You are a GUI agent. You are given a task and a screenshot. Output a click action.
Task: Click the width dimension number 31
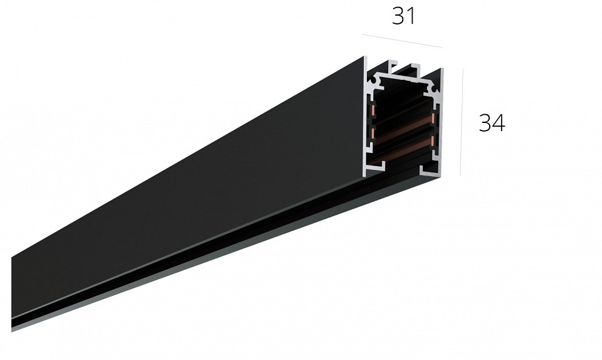point(403,16)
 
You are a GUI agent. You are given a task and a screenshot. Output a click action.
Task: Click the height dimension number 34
point(492,123)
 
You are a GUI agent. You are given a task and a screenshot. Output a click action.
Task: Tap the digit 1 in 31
point(411,16)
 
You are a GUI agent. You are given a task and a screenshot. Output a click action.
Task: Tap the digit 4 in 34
point(499,123)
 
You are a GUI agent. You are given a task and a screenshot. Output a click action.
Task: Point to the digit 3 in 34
point(485,123)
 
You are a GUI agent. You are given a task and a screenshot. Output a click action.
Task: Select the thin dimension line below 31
point(403,41)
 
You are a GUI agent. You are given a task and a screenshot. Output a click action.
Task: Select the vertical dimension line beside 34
point(462,122)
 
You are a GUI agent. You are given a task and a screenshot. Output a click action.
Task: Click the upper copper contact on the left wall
point(372,111)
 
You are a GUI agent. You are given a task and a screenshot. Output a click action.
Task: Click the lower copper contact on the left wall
point(372,132)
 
